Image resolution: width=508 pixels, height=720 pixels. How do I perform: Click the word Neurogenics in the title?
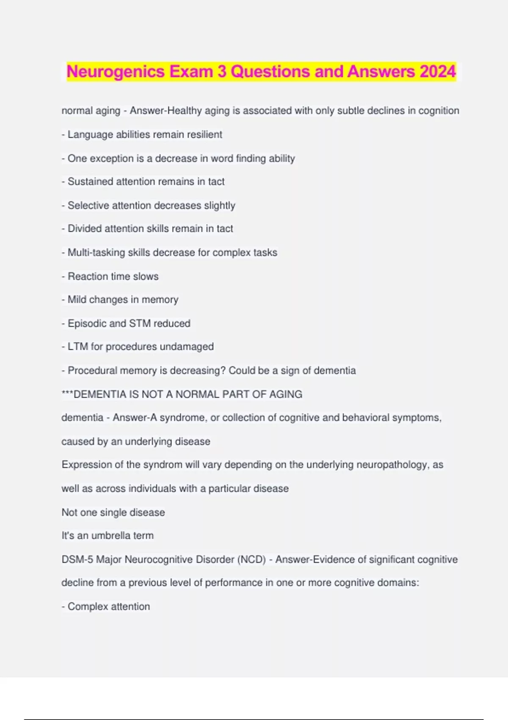coord(115,72)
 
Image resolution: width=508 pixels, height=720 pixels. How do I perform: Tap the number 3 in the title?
coord(222,72)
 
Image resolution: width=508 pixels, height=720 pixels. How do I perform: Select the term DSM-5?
coord(77,559)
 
